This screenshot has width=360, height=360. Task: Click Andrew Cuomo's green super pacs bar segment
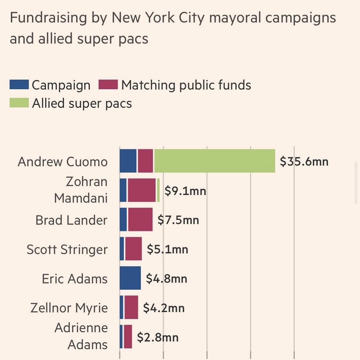point(214,161)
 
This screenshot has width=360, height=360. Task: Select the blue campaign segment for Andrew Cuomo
point(128,161)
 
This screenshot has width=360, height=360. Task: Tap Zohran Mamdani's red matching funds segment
point(142,190)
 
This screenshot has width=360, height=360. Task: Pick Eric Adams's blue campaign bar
point(130,278)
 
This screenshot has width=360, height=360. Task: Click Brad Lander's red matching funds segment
point(140,219)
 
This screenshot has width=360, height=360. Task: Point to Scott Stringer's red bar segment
point(133,249)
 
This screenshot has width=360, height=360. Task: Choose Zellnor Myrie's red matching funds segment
point(131,307)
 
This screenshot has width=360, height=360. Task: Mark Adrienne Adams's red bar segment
point(128,336)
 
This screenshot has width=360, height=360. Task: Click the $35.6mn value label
point(304,161)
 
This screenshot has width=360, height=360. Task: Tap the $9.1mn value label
point(185,191)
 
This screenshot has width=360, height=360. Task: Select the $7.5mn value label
point(178,220)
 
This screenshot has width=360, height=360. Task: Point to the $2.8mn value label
point(158,337)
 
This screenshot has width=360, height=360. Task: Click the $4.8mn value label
point(166,279)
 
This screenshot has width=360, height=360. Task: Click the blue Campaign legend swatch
point(19,85)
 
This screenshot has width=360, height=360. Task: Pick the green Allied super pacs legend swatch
point(19,103)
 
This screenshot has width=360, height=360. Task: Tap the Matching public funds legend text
point(186,85)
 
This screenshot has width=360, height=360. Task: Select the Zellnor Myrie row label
point(69,308)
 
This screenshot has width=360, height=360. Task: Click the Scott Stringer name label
point(67,249)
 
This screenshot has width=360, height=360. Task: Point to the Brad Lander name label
point(71,220)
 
